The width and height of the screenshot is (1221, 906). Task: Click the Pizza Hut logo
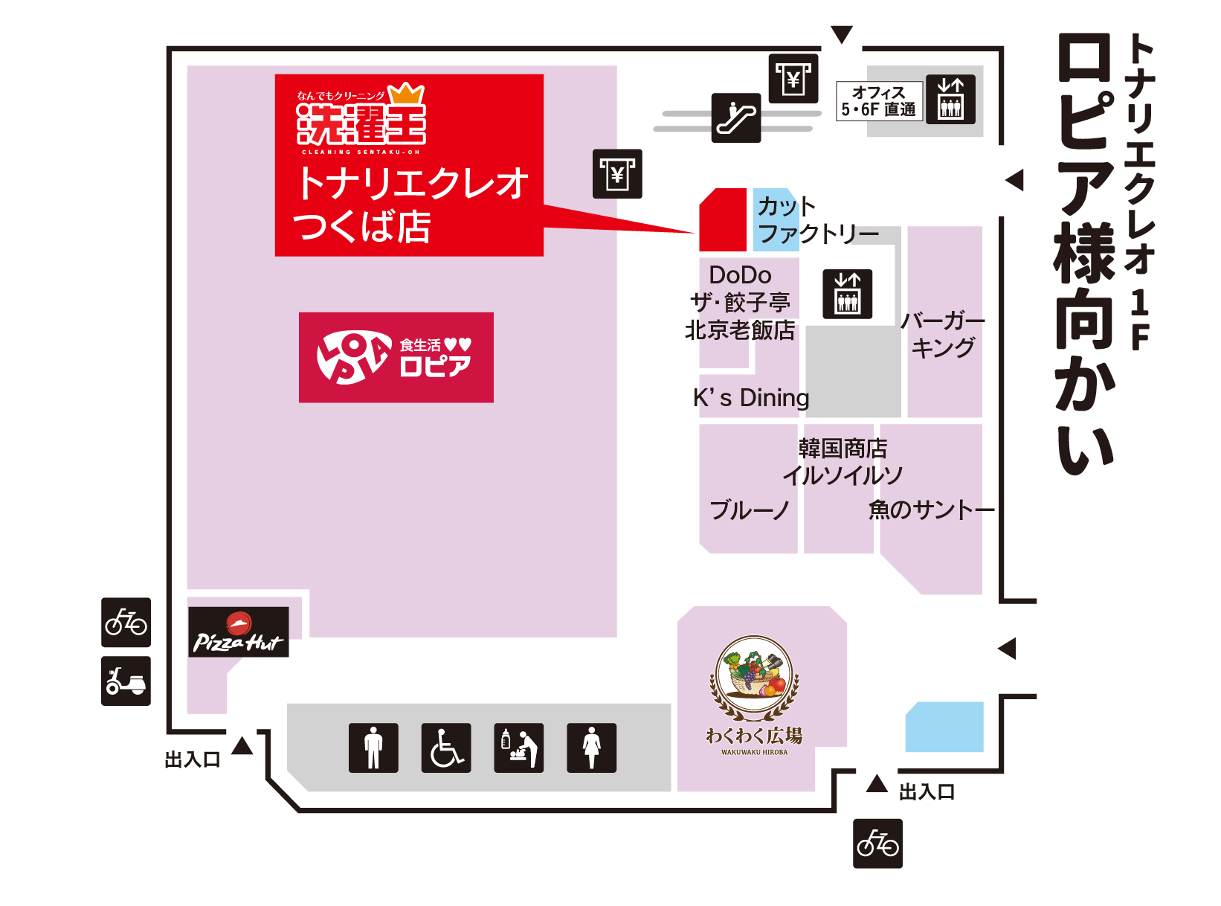pos(238,632)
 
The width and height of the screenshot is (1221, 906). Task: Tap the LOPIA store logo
pos(396,357)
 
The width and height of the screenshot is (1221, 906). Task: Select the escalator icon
pos(736,118)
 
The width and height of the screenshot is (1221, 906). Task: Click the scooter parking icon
pos(126,681)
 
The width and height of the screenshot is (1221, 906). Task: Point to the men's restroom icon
pos(373,748)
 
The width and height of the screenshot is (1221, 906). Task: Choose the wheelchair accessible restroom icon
pos(446,748)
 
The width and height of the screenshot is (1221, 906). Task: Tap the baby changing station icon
pos(519,748)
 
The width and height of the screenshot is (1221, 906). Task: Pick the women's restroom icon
pos(591,748)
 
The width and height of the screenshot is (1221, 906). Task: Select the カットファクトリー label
pos(816,220)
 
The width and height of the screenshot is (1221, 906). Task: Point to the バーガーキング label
pos(943,334)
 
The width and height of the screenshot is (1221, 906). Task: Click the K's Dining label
pos(751,398)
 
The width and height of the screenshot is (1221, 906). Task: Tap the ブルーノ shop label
pos(749,510)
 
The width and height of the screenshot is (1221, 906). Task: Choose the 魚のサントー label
pos(931,510)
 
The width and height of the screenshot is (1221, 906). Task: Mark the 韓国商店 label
pos(843,449)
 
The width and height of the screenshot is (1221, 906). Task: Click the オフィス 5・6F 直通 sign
pos(879,101)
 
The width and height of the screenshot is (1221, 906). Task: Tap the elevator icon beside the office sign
pos(950,100)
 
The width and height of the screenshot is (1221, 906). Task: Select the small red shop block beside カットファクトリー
pos(723,220)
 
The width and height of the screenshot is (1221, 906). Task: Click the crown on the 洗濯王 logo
pos(406,93)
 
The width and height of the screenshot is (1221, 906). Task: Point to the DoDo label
pos(740,275)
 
